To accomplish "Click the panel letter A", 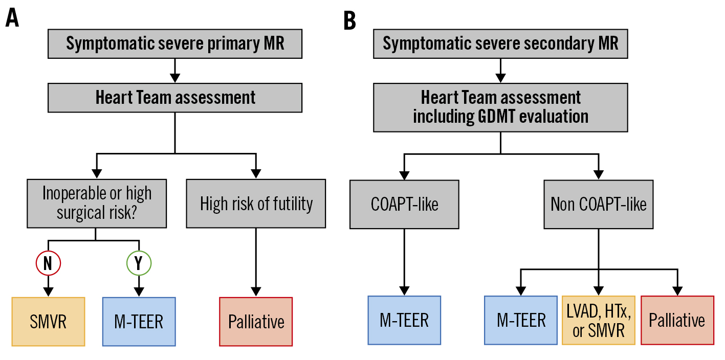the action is (x=12, y=17).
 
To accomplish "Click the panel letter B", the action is (x=349, y=20).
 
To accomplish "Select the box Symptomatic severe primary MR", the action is (x=175, y=43).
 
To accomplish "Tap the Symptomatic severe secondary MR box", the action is (x=500, y=43).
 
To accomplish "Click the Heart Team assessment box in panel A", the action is (x=175, y=98).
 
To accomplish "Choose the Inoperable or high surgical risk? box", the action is (x=97, y=204).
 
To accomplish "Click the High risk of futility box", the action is (x=256, y=204).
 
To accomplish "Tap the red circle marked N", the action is (x=48, y=263).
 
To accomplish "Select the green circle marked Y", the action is (x=139, y=263).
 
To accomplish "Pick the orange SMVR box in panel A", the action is (x=48, y=322).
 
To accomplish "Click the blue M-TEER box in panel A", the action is (x=139, y=322).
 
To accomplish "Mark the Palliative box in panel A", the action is (x=256, y=322).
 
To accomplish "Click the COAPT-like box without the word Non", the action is (x=404, y=205).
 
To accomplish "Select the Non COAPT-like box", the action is (x=599, y=205).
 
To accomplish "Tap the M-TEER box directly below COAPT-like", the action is (x=404, y=320).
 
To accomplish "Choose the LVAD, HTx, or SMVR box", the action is (x=599, y=320).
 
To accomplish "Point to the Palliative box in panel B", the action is (x=677, y=320).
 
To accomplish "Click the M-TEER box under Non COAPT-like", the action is (x=521, y=320).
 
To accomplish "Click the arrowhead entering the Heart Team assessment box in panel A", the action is (x=175, y=78).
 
